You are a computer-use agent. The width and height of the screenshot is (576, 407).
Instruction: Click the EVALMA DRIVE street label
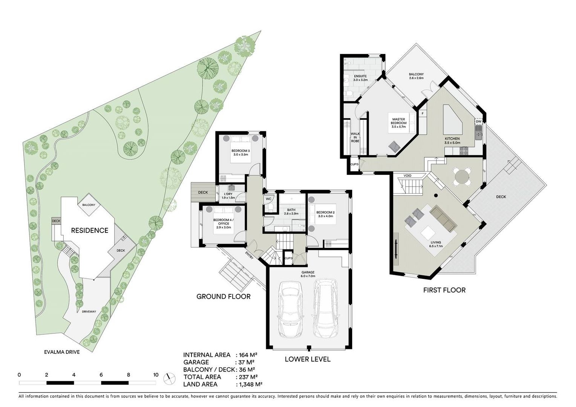[x=62, y=352]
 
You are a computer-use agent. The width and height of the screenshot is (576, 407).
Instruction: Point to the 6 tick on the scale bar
[x=101, y=375]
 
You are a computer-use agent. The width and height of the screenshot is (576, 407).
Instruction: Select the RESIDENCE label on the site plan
[x=89, y=230]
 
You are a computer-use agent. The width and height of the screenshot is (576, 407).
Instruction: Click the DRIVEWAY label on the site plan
[x=89, y=312]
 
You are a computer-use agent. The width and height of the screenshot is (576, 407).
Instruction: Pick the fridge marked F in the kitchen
[x=423, y=113]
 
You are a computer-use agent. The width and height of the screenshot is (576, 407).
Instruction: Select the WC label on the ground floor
[x=268, y=199]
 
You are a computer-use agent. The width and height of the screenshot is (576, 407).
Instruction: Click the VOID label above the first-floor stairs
[x=407, y=176]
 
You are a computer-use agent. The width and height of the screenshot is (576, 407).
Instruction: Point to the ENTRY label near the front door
[x=249, y=255]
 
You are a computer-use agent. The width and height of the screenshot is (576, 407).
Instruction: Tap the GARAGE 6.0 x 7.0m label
[x=308, y=274]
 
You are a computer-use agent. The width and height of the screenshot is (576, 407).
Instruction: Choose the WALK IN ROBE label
[x=355, y=137]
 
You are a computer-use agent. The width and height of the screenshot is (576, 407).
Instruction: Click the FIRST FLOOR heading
[x=444, y=290]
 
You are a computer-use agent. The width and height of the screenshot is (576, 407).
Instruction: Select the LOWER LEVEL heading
[x=308, y=359]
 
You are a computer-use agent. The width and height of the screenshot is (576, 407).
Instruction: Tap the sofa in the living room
[x=443, y=218]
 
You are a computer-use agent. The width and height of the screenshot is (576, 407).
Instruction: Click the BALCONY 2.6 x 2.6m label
[x=416, y=76]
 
